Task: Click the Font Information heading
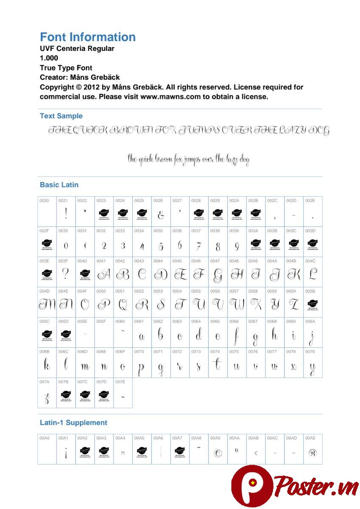(x=88, y=37)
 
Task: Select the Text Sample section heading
(x=61, y=116)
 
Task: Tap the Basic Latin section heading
(x=59, y=185)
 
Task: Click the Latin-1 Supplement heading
(x=73, y=422)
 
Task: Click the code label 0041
(x=101, y=261)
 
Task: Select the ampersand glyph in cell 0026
(x=161, y=215)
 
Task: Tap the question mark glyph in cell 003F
(x=66, y=274)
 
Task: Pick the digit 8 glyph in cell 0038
(x=218, y=246)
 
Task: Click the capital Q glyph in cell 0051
(x=123, y=305)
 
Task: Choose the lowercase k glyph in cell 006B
(x=47, y=365)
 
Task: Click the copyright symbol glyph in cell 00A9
(x=218, y=453)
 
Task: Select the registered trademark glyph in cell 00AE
(x=312, y=453)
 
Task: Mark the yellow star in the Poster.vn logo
(x=253, y=483)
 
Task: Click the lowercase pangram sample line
(x=188, y=159)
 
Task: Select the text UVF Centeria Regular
(x=77, y=48)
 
